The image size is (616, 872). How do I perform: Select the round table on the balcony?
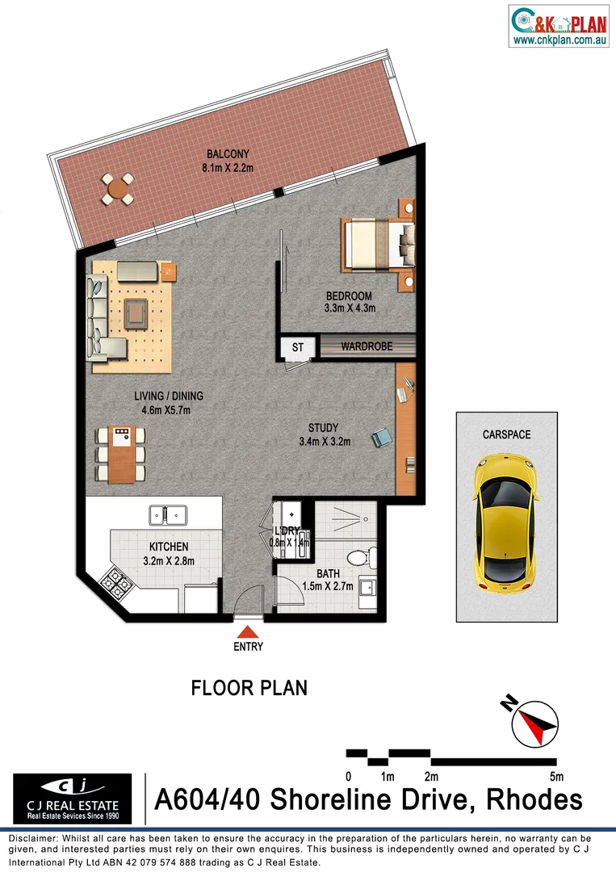(x=118, y=190)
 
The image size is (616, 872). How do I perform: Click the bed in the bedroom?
(x=375, y=245)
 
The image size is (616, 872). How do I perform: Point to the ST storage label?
(x=297, y=348)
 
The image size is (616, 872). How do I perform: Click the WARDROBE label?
(x=367, y=346)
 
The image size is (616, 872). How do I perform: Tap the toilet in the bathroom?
(x=358, y=556)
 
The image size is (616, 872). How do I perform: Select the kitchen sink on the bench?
(x=167, y=514)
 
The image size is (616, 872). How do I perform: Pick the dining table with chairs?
(x=123, y=455)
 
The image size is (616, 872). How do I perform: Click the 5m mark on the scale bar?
(x=555, y=777)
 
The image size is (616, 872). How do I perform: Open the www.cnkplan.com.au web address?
(x=559, y=39)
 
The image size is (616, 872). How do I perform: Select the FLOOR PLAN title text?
(x=249, y=688)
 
